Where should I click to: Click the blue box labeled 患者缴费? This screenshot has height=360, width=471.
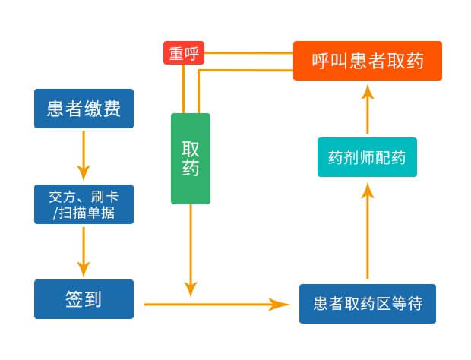click(x=84, y=109)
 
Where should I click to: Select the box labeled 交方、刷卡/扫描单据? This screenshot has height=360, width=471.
click(x=84, y=204)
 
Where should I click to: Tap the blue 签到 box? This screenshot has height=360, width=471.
click(x=84, y=299)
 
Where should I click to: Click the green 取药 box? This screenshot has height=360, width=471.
click(x=191, y=159)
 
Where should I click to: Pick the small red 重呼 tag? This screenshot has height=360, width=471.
click(x=182, y=53)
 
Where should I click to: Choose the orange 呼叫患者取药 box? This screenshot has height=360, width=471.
click(x=367, y=60)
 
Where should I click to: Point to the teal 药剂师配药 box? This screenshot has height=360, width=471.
click(x=367, y=157)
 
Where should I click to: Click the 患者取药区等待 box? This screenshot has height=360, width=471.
click(x=368, y=303)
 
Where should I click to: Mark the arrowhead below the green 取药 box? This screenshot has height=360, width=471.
click(x=191, y=289)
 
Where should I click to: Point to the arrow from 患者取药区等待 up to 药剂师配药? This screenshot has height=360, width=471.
click(x=367, y=232)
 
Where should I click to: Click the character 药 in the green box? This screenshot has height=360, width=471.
click(x=191, y=169)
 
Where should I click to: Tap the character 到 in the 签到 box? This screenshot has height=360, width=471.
click(x=93, y=299)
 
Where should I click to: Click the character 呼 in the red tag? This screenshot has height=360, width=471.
click(x=190, y=53)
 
